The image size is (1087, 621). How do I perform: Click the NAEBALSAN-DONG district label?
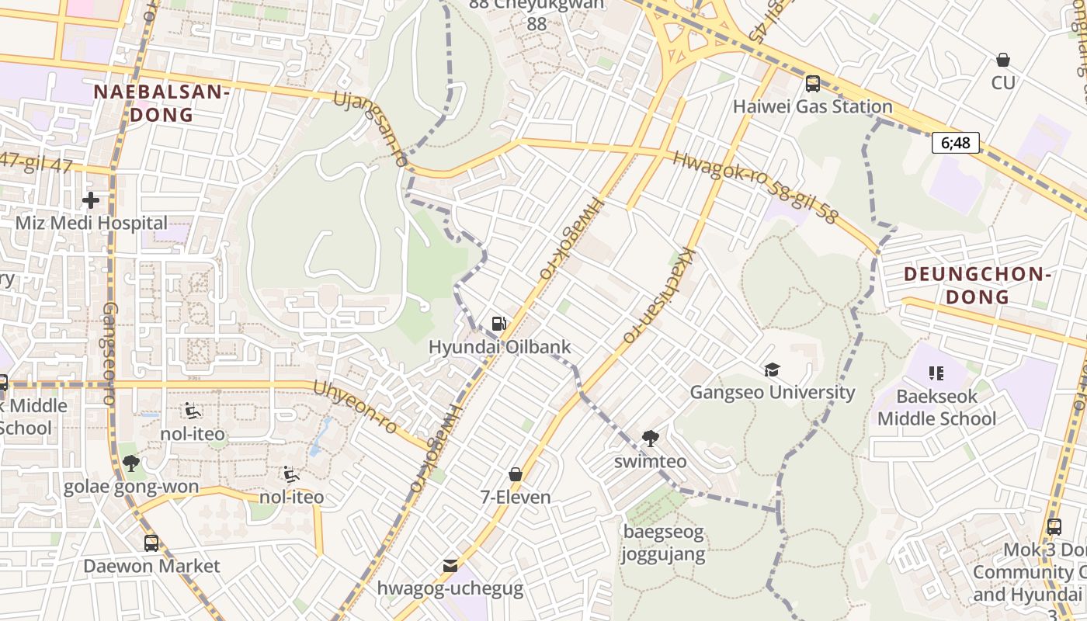point(161,103)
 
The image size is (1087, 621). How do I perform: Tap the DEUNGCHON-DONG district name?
point(978,286)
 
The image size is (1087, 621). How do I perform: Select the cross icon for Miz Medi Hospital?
point(91,200)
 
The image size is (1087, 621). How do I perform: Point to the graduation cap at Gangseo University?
point(772,369)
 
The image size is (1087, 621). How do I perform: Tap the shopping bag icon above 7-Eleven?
point(516,474)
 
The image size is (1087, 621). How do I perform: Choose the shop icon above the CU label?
point(1003,60)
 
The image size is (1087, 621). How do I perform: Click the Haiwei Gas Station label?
point(812,106)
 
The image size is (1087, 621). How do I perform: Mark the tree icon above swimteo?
point(651,439)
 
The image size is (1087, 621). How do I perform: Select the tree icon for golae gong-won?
point(130,464)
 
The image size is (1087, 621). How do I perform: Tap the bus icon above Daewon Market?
point(151,543)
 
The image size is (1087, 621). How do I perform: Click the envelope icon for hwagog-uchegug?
point(450,566)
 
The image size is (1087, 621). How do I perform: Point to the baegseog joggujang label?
point(663,543)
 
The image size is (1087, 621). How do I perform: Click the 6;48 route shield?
point(956,143)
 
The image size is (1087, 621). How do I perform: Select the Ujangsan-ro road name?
point(371,129)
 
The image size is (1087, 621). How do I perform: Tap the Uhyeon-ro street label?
point(356,408)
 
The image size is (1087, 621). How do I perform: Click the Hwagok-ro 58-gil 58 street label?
point(755,187)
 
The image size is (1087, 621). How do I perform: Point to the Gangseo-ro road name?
point(109,353)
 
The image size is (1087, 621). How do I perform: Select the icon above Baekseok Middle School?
point(936,373)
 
